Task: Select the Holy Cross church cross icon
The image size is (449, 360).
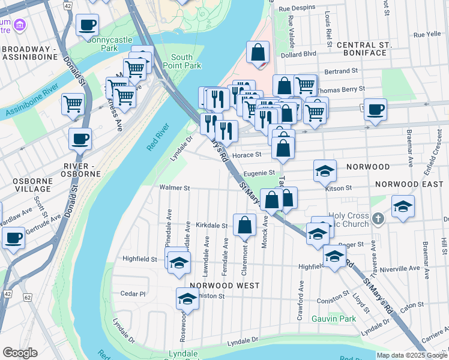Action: pos(378,218)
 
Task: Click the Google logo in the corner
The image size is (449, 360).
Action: pos(20,353)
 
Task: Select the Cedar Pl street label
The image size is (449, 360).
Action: pos(133,293)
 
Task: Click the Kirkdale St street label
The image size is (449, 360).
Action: pos(212,226)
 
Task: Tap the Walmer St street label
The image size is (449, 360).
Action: pos(174,188)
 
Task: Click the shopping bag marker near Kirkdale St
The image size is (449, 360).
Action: pos(244,226)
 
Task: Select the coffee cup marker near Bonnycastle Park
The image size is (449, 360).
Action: pos(88,25)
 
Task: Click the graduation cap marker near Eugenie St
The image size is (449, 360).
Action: pos(325,171)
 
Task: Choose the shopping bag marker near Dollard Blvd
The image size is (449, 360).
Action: pos(258,52)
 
